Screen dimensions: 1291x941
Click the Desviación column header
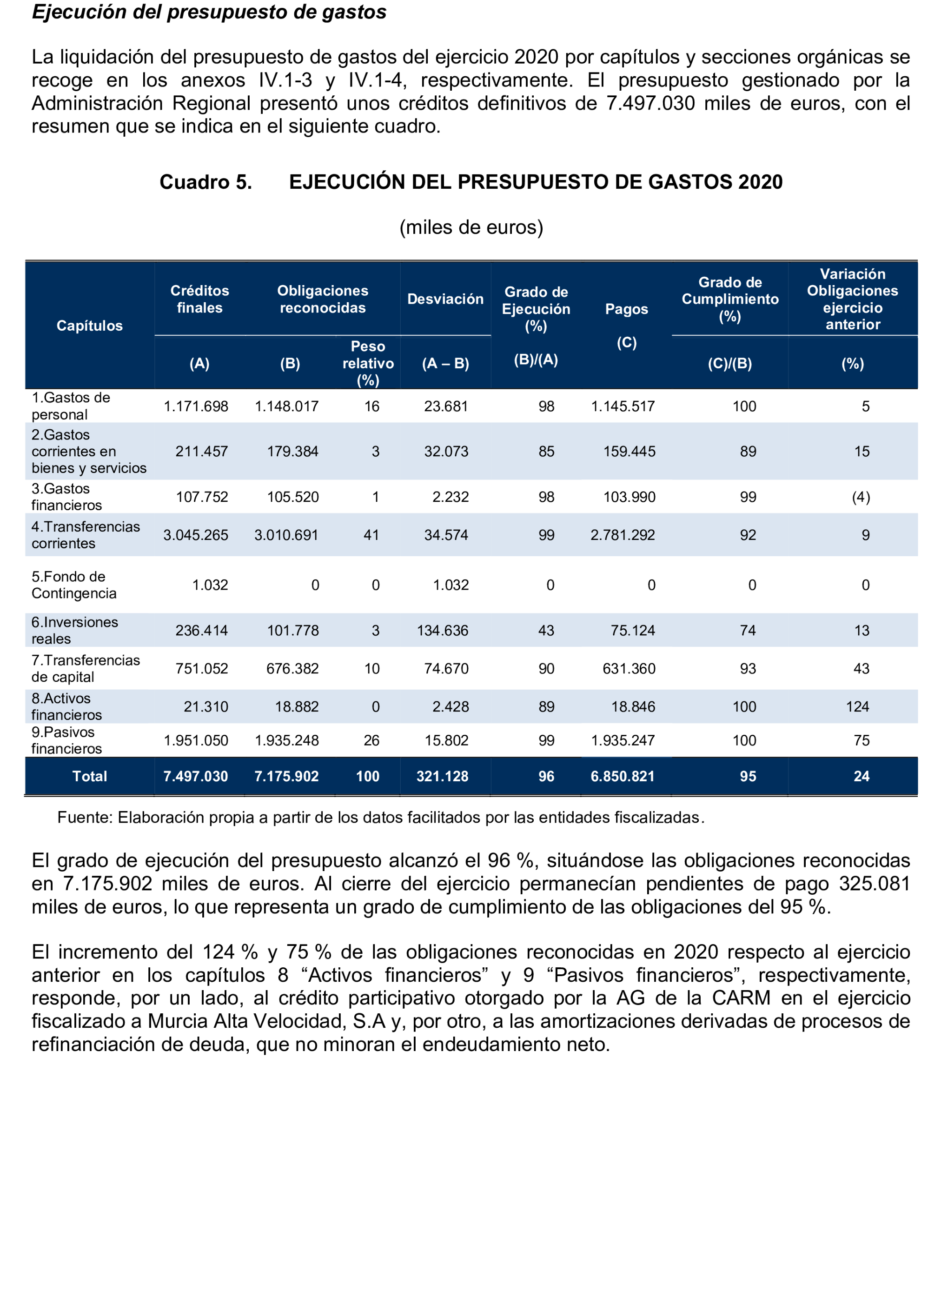pos(445,299)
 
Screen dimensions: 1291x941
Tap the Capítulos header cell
pos(89,326)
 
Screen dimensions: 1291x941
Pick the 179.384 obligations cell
pos(293,452)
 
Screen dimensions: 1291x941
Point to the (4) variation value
pos(861,497)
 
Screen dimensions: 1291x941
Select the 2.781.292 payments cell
pos(623,535)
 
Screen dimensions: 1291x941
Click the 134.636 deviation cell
pos(442,631)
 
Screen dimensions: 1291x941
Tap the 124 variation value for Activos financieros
pos(857,707)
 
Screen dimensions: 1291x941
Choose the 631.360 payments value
pos(629,669)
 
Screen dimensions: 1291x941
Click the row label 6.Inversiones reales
pos(74,630)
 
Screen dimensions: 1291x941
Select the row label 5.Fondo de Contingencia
pos(73,585)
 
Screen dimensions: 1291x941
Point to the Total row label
pos(89,777)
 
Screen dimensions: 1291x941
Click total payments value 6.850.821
pos(623,777)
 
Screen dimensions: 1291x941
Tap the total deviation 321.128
pos(442,777)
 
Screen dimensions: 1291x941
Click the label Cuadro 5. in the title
pos(205,182)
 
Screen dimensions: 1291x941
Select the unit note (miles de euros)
pos(471,227)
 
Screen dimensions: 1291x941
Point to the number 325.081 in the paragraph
pos(874,884)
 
